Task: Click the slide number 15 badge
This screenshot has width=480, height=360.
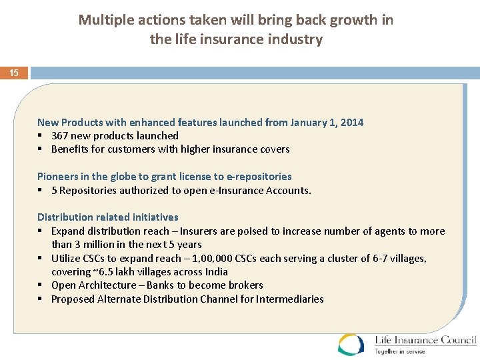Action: click(14, 73)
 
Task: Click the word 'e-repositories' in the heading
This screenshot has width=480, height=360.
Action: click(259, 177)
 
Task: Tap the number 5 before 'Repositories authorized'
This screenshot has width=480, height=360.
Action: click(54, 191)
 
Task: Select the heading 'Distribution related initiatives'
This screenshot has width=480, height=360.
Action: click(108, 217)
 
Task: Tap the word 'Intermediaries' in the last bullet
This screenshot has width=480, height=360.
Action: click(290, 299)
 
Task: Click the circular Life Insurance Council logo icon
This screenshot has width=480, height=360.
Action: click(351, 344)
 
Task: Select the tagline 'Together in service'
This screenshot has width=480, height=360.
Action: click(399, 351)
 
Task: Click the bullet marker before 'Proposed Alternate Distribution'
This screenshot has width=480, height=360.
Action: click(41, 299)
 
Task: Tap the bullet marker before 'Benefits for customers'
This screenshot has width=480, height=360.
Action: click(41, 149)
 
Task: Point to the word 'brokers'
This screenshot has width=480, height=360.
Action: click(246, 285)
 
